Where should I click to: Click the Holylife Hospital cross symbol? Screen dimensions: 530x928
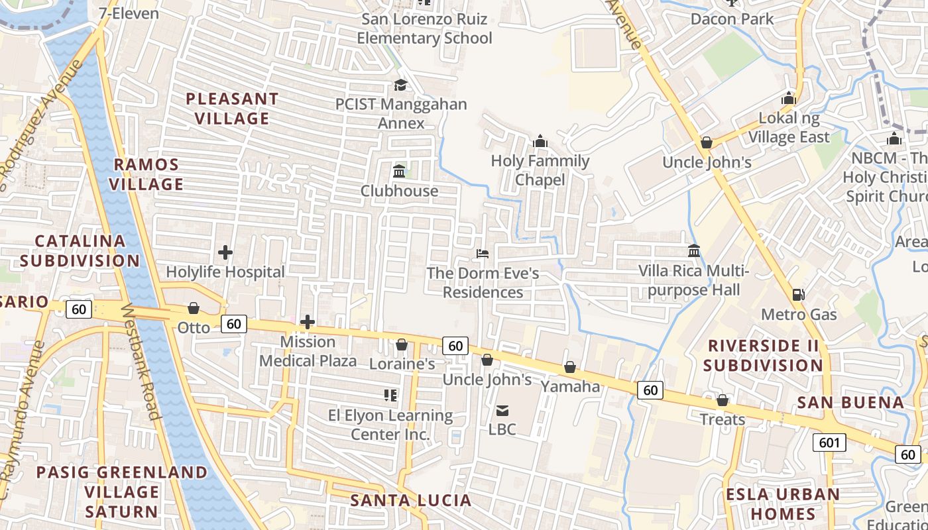(225, 252)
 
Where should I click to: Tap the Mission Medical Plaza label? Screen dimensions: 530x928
(308, 351)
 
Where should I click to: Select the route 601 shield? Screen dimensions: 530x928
(829, 442)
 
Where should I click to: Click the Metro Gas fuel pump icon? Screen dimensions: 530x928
(799, 294)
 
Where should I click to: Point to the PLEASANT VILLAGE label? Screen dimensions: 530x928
(232, 109)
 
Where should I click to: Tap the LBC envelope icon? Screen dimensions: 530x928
(502, 411)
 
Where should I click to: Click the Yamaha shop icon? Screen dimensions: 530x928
(570, 367)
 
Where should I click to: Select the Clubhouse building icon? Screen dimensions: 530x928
(399, 172)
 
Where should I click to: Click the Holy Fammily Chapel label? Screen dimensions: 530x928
(540, 170)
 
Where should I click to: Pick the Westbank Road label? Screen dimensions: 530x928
(141, 362)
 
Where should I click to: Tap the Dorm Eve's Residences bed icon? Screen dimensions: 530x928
(483, 254)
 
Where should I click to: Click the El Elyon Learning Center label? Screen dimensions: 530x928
(390, 425)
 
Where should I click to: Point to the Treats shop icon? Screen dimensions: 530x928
(723, 400)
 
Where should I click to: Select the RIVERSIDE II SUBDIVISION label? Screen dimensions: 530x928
(763, 355)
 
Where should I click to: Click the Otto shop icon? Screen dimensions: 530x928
(194, 308)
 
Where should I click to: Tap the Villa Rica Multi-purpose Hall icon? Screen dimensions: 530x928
(694, 251)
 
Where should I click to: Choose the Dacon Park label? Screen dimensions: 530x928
(732, 19)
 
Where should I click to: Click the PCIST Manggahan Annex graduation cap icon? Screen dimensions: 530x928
(400, 85)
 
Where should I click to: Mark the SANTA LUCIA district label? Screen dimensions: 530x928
(410, 500)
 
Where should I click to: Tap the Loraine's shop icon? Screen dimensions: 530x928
(402, 344)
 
